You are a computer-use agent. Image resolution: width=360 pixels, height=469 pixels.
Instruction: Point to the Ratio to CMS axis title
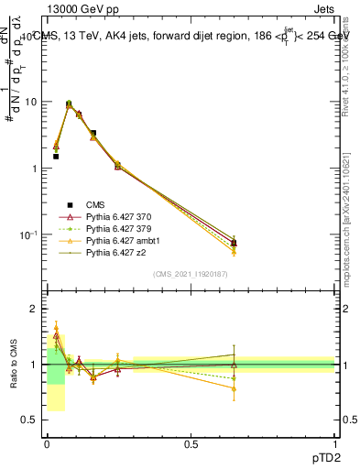12,363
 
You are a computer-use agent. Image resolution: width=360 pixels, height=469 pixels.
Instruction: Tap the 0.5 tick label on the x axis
191,444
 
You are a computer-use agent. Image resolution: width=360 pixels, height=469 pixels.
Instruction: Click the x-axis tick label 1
334,444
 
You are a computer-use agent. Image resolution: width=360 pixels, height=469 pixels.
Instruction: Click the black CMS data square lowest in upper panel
235,243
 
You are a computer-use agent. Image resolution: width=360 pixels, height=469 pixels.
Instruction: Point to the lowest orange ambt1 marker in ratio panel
235,388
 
